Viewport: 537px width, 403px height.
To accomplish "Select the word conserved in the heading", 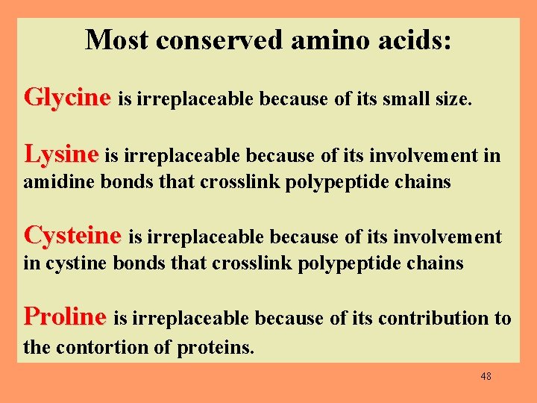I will pos(219,40).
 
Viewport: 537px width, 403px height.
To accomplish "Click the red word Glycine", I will pos(67,97).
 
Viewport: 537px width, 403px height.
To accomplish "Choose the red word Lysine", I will pos(61,154).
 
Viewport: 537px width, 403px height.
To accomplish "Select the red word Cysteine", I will pos(72,236).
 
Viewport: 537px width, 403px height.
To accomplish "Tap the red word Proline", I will pos(66,316).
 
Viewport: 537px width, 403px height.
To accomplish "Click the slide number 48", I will pos(486,376).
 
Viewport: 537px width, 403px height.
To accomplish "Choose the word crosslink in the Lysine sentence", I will pos(239,182).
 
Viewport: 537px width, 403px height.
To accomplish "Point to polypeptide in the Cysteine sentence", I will pos(350,263).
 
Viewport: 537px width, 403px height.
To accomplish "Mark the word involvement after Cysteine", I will pos(452,237).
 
